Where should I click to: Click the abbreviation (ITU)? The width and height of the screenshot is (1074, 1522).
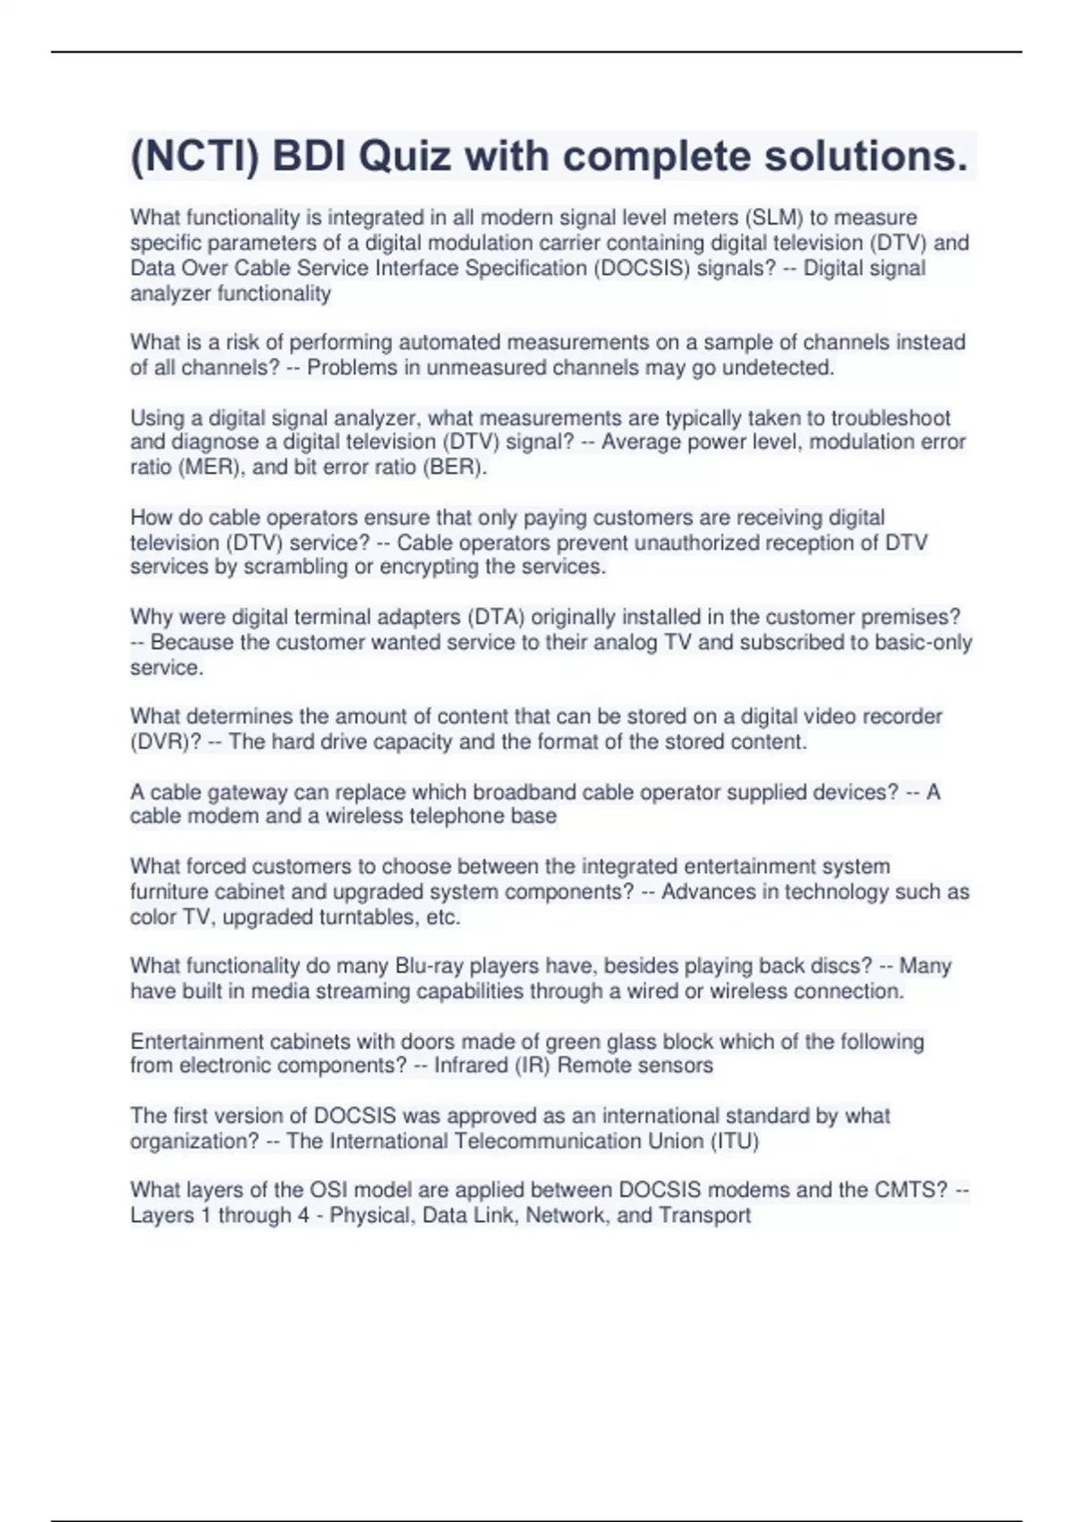click(733, 1141)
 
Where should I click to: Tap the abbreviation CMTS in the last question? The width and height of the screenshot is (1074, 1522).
click(917, 1191)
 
